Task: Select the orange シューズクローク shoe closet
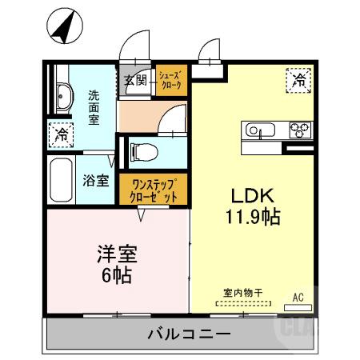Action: point(171,80)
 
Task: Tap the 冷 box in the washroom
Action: point(60,134)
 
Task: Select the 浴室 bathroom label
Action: point(96,181)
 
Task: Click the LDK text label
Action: point(253,194)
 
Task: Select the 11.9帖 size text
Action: point(253,215)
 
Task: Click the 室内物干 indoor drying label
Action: point(242,294)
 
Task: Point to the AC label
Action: point(298,298)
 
